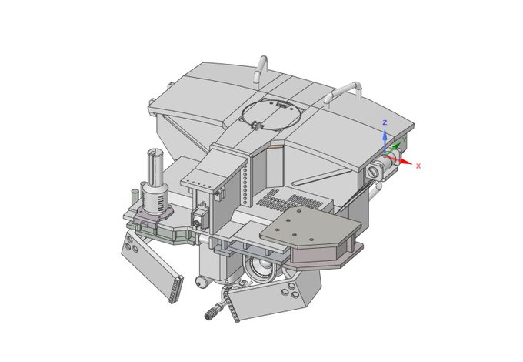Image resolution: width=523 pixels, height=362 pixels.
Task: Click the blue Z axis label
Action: click(x=385, y=123)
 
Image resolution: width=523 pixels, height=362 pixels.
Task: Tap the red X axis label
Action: click(x=418, y=166)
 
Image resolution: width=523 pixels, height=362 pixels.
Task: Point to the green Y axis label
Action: click(x=405, y=139)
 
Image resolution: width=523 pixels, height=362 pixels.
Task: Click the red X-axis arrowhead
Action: click(x=405, y=162)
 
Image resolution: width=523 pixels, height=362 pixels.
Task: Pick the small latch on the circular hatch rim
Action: click(x=256, y=126)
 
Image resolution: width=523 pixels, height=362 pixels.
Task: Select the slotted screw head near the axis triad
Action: click(x=372, y=172)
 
